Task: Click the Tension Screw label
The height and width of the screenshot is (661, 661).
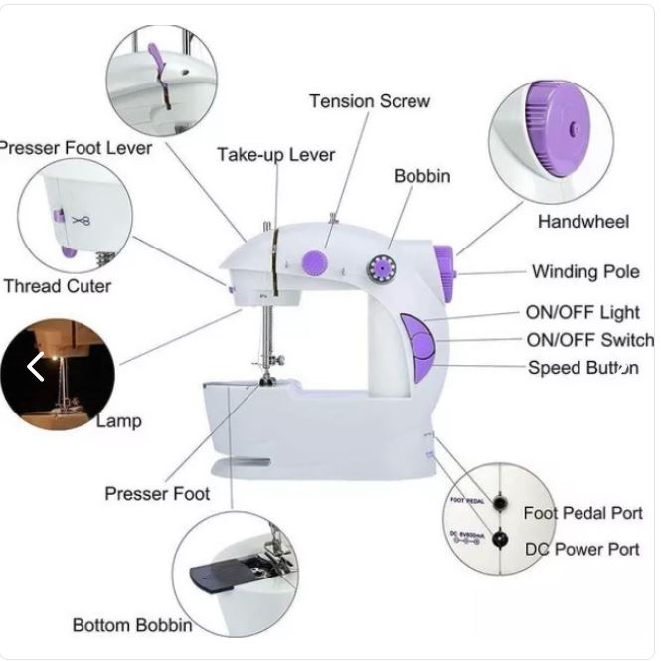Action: (x=369, y=101)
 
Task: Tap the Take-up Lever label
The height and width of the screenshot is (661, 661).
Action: (x=275, y=154)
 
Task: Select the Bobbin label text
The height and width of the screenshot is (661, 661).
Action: (x=421, y=176)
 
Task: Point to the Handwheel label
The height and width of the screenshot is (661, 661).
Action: (x=582, y=221)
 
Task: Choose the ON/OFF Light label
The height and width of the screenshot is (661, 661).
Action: (x=582, y=313)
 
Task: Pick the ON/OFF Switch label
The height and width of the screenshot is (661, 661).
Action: (x=589, y=340)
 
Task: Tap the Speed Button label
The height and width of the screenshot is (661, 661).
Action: (x=582, y=368)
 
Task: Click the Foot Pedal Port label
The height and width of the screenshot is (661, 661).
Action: (x=582, y=513)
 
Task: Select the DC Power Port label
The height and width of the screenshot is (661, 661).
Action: (x=582, y=549)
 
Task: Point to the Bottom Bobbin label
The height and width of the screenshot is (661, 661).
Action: (x=132, y=625)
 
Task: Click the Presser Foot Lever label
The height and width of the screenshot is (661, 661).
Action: (x=77, y=148)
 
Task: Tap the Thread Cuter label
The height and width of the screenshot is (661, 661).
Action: (x=57, y=286)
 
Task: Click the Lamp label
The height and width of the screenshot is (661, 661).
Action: (x=119, y=420)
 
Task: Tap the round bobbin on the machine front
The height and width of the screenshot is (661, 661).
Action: (x=380, y=266)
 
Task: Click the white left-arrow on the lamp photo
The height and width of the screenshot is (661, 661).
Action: (x=36, y=367)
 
